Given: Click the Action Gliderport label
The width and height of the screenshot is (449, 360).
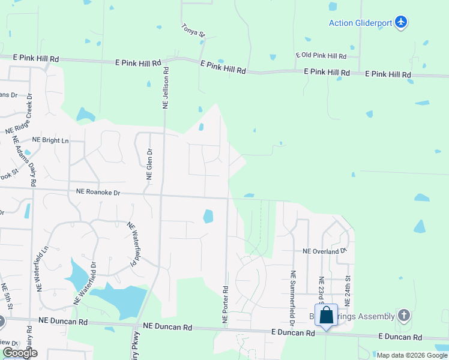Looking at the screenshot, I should [x=360, y=23].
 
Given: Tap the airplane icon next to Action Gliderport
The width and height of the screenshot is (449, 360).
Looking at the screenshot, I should [x=401, y=23].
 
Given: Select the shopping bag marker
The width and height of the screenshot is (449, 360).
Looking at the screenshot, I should [x=326, y=315].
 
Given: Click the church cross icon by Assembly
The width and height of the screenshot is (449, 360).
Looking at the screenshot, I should [x=404, y=315].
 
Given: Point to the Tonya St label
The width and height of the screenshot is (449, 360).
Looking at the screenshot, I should [x=193, y=32].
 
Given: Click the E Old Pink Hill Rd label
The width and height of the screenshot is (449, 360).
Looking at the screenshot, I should [x=321, y=56].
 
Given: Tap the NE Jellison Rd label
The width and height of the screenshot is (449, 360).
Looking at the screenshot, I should [x=166, y=88].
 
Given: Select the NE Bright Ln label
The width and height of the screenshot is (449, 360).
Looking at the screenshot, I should [x=50, y=140].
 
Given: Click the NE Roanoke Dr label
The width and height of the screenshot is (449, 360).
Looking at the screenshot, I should [x=98, y=193].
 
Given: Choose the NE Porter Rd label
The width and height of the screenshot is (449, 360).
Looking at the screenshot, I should [x=226, y=305].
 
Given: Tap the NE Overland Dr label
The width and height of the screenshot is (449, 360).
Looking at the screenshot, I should [x=325, y=251].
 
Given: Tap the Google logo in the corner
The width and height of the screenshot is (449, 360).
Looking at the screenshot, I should [x=20, y=353].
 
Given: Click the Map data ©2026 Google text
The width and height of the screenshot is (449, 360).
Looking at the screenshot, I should [x=411, y=355].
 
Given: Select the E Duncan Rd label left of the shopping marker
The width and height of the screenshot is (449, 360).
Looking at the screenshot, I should [x=293, y=332].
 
